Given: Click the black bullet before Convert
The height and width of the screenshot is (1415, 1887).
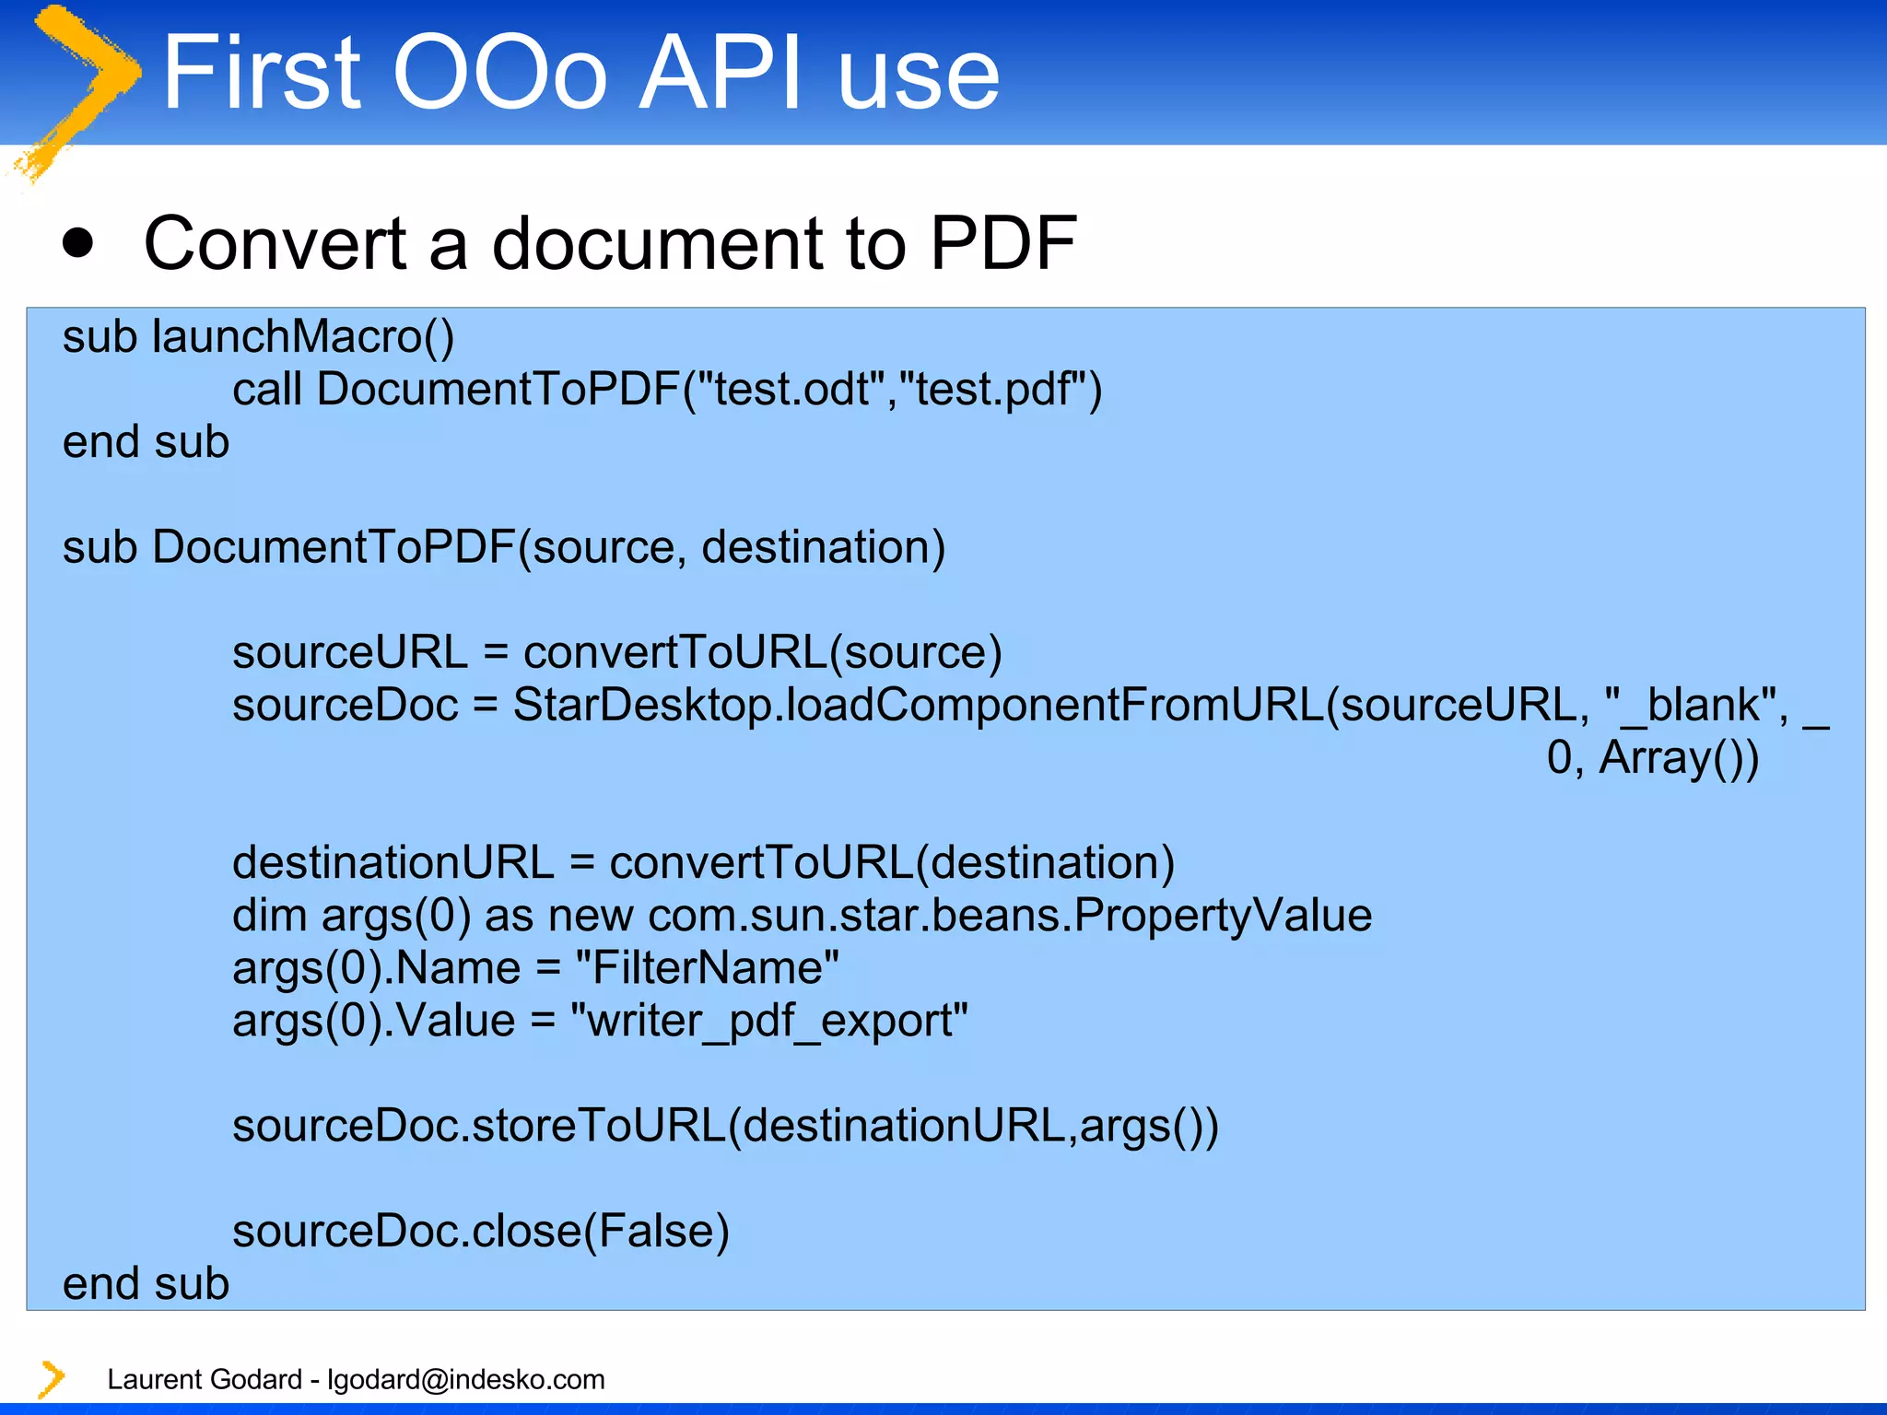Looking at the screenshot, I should (x=78, y=243).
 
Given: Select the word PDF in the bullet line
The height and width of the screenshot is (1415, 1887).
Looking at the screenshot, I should (x=1002, y=243).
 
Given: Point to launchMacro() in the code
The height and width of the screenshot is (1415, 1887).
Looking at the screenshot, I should (x=303, y=337).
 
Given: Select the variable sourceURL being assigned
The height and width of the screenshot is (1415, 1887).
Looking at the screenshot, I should (x=350, y=653).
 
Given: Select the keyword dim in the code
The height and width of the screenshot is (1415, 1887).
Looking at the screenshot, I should (x=269, y=916).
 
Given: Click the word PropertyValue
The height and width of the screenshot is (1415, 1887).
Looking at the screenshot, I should (x=1223, y=916).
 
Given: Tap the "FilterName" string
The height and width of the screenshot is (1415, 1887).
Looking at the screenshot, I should (x=707, y=968).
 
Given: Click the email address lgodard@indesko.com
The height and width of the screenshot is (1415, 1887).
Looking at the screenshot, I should (x=466, y=1379).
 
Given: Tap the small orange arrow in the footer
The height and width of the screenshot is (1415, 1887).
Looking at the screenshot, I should (x=52, y=1379).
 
